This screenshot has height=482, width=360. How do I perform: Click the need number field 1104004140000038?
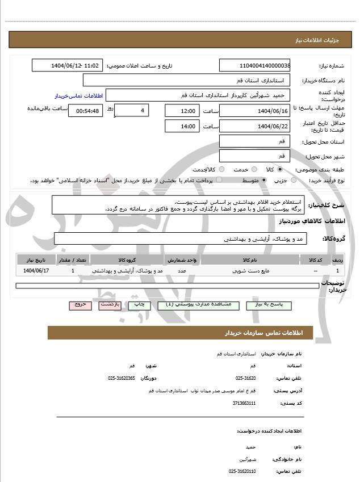coord(254,66)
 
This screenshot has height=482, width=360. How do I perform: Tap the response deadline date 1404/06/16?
coord(254,111)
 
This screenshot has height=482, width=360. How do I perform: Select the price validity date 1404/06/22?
coord(254,126)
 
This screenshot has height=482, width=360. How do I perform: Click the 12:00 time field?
coord(182,111)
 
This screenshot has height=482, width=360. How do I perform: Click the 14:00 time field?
coord(182,126)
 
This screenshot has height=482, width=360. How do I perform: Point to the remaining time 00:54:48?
coord(86,111)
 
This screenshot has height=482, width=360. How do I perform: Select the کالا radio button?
coord(280,169)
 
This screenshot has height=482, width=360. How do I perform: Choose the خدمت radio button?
coord(253,169)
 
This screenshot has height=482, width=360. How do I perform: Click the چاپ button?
coord(139,305)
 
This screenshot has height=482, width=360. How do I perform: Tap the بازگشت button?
coord(110,305)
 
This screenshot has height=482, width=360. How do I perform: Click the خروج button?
coord(80,305)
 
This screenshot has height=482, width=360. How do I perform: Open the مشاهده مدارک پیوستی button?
coord(196,305)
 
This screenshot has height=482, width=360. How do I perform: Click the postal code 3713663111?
coord(244,403)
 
